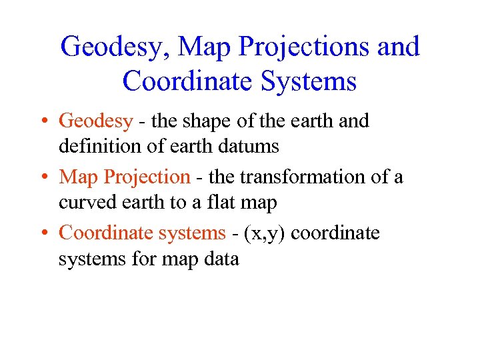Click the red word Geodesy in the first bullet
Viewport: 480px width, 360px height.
(96, 121)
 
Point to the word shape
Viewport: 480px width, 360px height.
(204, 121)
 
